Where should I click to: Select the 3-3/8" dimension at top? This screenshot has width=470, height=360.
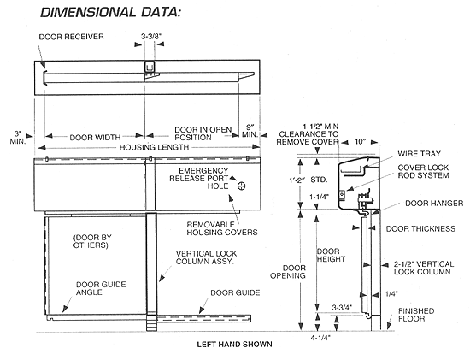(154, 38)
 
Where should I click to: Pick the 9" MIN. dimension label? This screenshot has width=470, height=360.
(250, 130)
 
